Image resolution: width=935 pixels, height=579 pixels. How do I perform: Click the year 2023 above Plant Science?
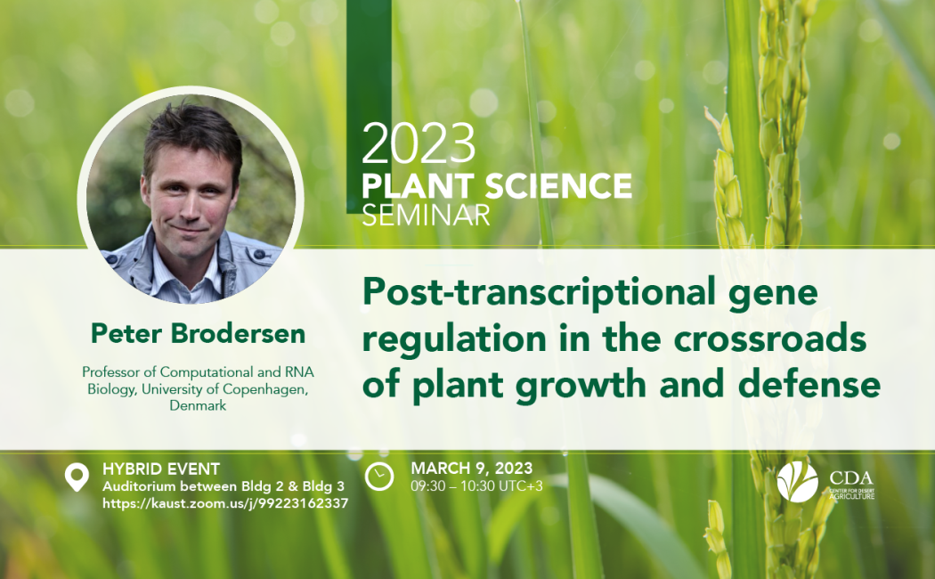click(419, 143)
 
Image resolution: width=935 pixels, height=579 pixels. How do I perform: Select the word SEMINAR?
click(426, 216)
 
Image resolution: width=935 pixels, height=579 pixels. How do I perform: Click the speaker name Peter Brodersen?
click(198, 333)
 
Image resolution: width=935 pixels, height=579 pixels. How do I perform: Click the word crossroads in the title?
click(770, 338)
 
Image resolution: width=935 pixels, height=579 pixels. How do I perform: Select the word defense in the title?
click(809, 384)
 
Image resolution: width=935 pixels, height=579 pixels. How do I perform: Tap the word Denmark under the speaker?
click(198, 405)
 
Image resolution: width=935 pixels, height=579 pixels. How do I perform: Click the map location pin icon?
click(77, 478)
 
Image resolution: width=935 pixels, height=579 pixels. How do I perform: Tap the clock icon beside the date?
click(379, 477)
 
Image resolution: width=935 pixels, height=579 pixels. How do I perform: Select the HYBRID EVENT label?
click(161, 469)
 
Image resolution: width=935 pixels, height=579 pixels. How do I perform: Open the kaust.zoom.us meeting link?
click(225, 503)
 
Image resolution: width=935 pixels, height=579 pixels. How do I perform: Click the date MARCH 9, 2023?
click(472, 468)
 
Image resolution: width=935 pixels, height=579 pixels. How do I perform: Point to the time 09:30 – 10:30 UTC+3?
click(477, 486)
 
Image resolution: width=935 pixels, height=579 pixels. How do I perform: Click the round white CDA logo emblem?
click(797, 482)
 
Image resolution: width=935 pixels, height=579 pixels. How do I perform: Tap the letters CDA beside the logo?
click(851, 477)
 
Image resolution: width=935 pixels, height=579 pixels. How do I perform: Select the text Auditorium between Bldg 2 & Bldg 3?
click(224, 486)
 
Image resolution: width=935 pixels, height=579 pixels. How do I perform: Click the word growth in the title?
click(581, 386)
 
